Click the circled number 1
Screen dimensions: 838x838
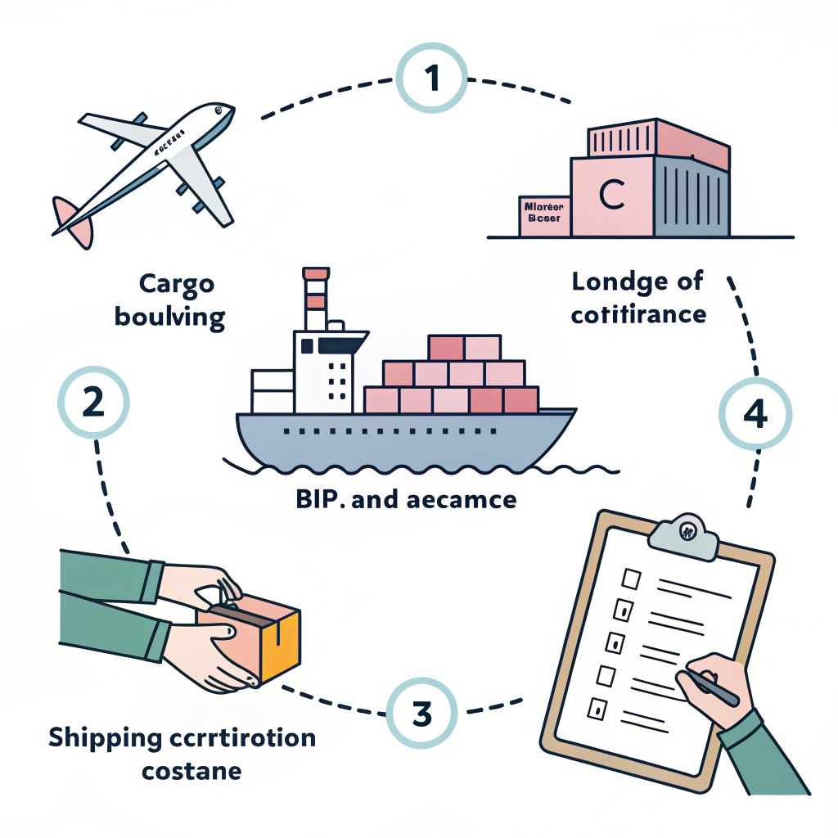431,79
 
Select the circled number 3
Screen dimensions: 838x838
421,713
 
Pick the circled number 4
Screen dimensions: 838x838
755,416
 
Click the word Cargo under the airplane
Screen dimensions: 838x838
176,284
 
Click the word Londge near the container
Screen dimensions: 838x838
615,282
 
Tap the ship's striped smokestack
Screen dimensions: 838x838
314,299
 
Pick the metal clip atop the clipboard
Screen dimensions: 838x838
683,533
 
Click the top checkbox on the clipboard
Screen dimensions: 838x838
631,579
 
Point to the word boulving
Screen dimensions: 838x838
170,316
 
